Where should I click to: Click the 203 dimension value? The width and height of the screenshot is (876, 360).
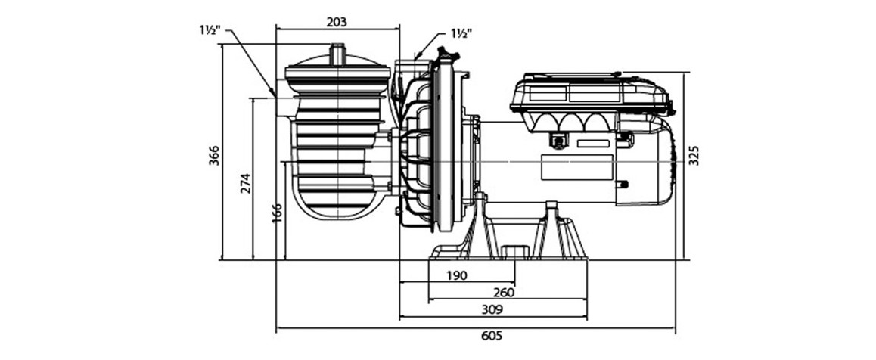point(337,22)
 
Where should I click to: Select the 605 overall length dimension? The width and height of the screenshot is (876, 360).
point(491,336)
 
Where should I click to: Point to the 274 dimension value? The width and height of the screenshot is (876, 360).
point(245,182)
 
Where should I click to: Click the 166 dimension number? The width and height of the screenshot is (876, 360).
point(277,213)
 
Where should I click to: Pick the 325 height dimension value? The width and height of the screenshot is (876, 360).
point(694,156)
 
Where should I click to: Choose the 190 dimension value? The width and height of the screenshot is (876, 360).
point(456,275)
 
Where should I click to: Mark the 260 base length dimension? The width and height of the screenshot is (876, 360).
point(505,292)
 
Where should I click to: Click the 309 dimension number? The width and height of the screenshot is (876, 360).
point(492,309)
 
